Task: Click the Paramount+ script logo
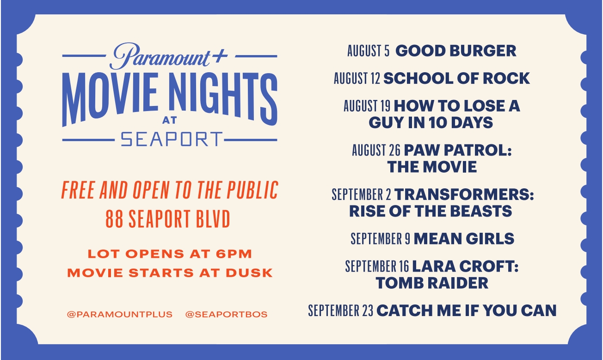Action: [169, 56]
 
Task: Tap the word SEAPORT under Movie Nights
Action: [172, 139]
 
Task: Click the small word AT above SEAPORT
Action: [170, 120]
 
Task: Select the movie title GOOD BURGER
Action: [456, 50]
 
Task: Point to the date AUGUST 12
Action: [357, 78]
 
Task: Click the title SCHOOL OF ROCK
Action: [456, 78]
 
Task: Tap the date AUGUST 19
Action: [367, 106]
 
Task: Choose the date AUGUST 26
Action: [376, 150]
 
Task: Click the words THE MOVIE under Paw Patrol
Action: [432, 167]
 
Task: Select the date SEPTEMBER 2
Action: [361, 194]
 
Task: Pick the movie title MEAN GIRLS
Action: [464, 239]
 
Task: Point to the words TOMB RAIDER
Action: [432, 283]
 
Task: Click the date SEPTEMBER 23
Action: [340, 310]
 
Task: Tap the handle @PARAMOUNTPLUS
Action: [119, 315]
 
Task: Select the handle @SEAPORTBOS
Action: [226, 315]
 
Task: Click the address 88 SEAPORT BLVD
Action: [168, 218]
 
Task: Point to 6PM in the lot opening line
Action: [234, 254]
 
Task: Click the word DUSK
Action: [249, 273]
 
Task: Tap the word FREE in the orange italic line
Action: [78, 190]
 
